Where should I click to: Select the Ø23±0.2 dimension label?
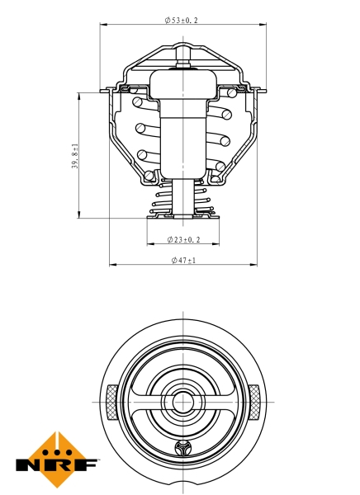point(183,239)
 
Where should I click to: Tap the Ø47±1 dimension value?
point(183,260)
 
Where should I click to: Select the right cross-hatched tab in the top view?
point(255,402)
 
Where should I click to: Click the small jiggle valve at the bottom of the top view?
point(182,450)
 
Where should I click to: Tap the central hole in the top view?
point(182,403)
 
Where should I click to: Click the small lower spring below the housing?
point(182,203)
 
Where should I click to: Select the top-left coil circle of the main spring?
point(135,102)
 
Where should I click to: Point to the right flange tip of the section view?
point(263,90)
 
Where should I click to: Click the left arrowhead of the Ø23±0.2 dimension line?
point(150,245)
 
